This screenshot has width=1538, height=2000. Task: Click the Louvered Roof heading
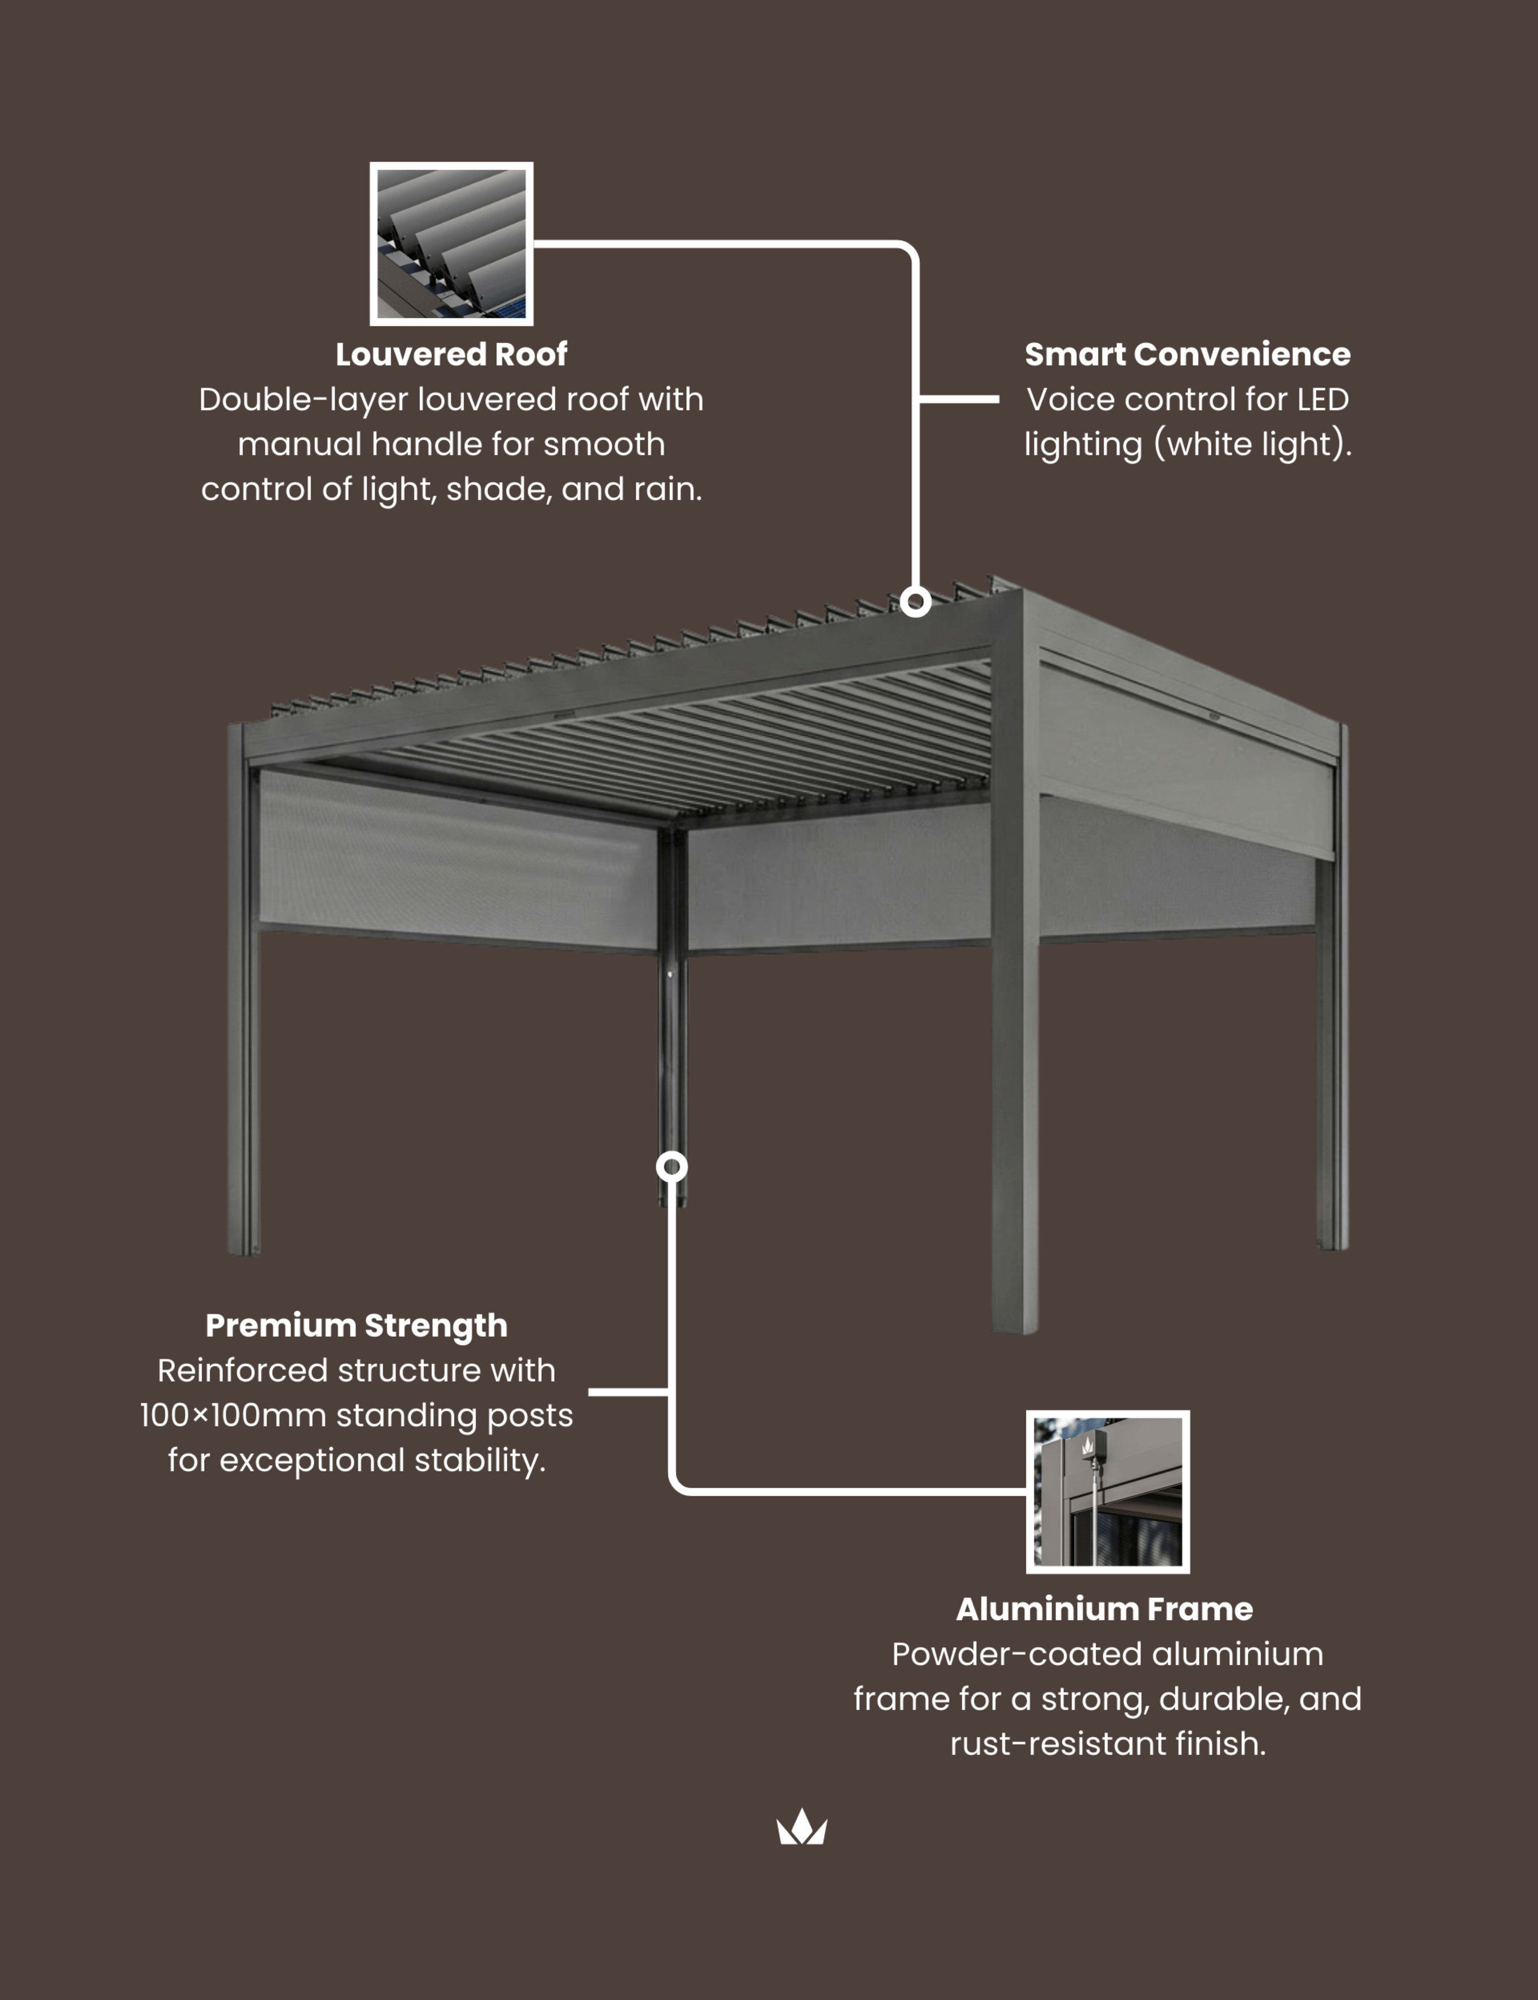451,355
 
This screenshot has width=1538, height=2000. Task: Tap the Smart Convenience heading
1187,355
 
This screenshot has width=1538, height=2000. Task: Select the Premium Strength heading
356,1325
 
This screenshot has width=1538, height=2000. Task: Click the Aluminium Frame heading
1104,1609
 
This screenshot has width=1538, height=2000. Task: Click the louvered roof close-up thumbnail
451,243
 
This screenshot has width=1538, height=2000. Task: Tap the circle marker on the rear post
672,1166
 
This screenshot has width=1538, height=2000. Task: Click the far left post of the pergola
243,1007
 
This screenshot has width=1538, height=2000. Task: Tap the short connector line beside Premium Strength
628,1392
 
